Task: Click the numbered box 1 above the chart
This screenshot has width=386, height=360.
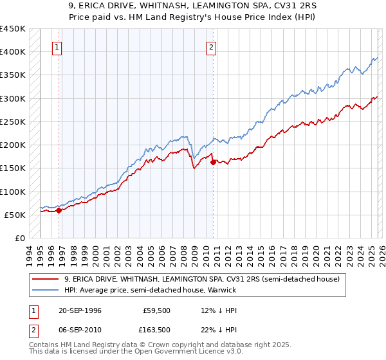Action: [x=57, y=46]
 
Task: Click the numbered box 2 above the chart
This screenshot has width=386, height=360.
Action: [x=212, y=46]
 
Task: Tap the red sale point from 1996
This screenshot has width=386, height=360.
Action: [x=59, y=210]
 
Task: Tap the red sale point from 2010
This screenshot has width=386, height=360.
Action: [x=213, y=162]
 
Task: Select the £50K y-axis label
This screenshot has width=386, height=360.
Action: [x=15, y=215]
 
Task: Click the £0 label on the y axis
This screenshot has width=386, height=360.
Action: [x=19, y=238]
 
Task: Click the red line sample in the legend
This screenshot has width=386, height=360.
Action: [x=46, y=279]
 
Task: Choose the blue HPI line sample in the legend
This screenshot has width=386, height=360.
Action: [x=46, y=290]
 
